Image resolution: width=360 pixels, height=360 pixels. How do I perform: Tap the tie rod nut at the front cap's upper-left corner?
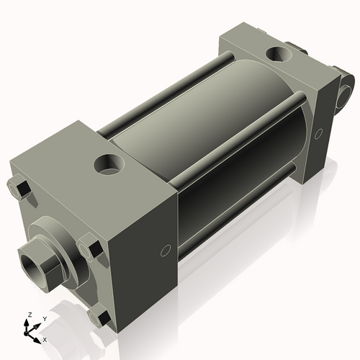[x=19, y=189]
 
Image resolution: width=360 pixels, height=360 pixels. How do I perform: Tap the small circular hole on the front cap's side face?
[x=165, y=251]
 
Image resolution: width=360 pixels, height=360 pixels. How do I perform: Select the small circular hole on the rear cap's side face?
[x=319, y=132]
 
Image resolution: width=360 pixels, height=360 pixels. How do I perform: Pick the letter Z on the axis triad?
[x=30, y=315]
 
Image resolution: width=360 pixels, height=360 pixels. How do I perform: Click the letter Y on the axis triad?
[x=44, y=318]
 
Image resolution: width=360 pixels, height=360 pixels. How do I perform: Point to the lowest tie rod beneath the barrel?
[x=238, y=209]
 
